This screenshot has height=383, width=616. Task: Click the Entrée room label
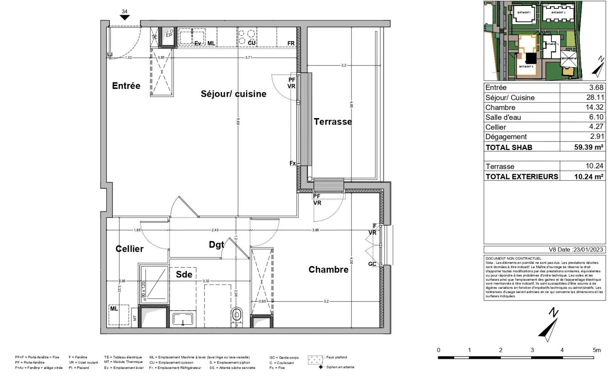pyautogui.click(x=126, y=86)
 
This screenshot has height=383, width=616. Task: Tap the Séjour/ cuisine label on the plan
pyautogui.click(x=233, y=94)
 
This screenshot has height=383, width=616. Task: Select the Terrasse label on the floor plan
pyautogui.click(x=333, y=122)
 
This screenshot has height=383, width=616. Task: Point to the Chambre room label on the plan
pyautogui.click(x=328, y=270)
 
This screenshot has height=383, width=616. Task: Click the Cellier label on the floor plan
pyautogui.click(x=129, y=249)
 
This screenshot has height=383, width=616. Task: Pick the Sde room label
pyautogui.click(x=184, y=274)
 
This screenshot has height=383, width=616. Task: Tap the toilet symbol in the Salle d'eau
pyautogui.click(x=237, y=315)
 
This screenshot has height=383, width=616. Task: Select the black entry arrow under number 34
pyautogui.click(x=124, y=17)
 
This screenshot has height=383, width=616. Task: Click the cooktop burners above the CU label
pyautogui.click(x=247, y=35)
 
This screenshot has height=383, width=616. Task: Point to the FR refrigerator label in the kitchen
pyautogui.click(x=291, y=43)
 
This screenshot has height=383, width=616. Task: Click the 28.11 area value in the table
pyautogui.click(x=595, y=97)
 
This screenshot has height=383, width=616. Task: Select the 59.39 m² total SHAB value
pyautogui.click(x=589, y=147)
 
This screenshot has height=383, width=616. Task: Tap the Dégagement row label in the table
pyautogui.click(x=506, y=137)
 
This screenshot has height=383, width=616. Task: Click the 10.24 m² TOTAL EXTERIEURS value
pyautogui.click(x=589, y=176)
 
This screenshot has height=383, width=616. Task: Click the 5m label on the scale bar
pyautogui.click(x=597, y=350)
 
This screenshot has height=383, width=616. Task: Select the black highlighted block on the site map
pyautogui.click(x=531, y=58)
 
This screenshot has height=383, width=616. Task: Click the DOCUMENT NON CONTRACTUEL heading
pyautogui.click(x=513, y=259)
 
